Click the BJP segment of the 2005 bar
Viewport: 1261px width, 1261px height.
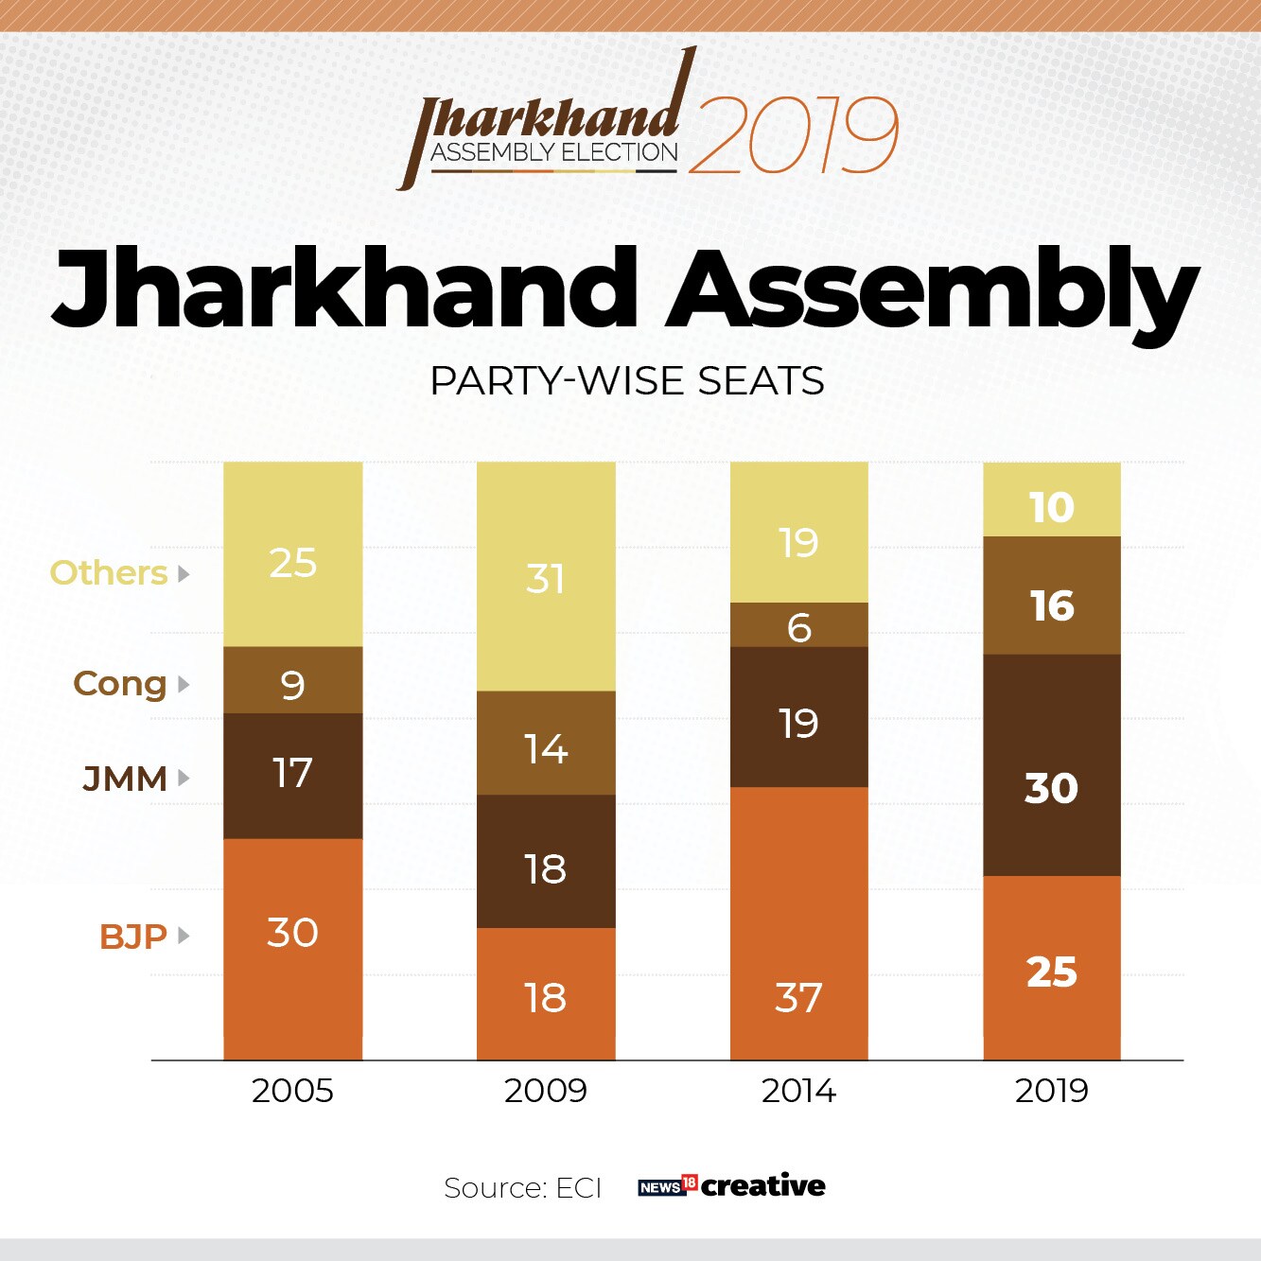point(292,949)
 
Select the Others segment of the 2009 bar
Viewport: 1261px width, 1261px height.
point(546,577)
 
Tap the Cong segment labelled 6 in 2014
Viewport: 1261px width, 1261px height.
point(798,626)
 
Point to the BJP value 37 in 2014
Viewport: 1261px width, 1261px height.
point(798,997)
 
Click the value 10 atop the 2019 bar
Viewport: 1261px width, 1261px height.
point(1051,508)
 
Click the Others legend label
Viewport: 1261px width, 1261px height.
point(109,573)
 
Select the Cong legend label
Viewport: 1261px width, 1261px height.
point(120,684)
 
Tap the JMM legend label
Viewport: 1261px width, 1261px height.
point(125,779)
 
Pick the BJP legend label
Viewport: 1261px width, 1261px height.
point(133,937)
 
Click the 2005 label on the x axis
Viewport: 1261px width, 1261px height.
point(292,1091)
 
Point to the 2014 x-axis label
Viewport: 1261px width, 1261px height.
point(798,1091)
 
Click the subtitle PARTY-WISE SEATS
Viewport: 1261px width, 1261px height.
point(627,381)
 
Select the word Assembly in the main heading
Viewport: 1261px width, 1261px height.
point(932,289)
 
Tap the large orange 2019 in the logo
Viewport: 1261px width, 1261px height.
point(793,135)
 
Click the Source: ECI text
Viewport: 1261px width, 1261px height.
point(522,1187)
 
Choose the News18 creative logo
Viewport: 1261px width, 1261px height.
point(731,1185)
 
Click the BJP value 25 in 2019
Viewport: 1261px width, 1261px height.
point(1051,972)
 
